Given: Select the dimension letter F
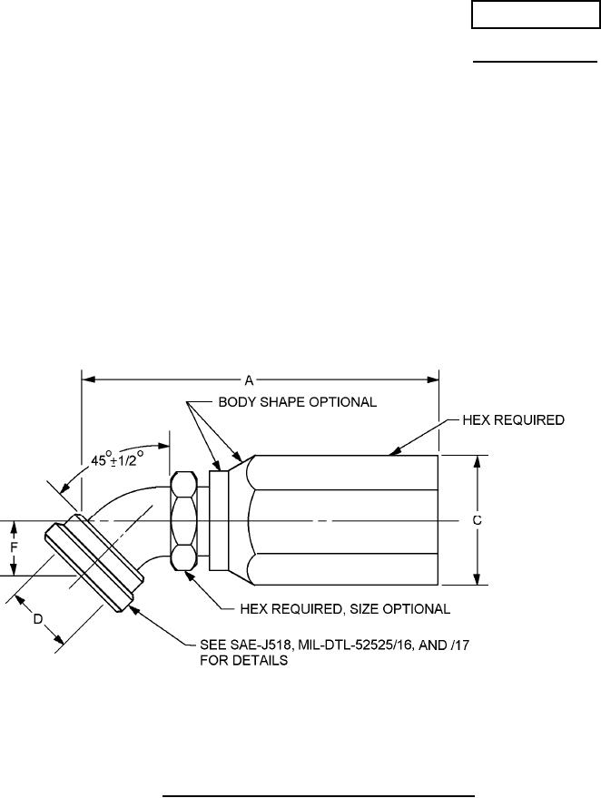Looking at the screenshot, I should [x=13, y=547].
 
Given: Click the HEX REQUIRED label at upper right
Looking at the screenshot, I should [x=514, y=420].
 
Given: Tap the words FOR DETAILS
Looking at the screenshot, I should [x=244, y=661].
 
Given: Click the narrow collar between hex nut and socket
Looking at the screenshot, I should [x=218, y=520].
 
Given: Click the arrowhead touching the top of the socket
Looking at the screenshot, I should [x=391, y=450].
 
